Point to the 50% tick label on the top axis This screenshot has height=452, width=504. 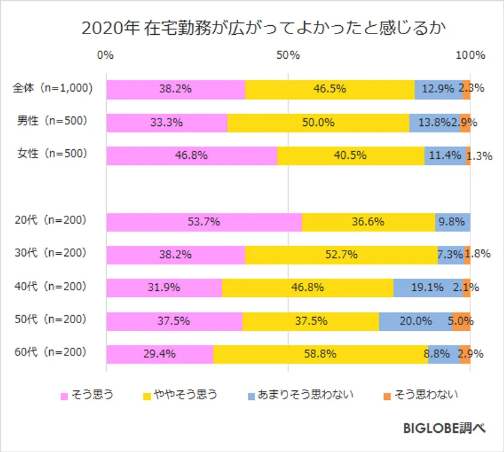pos(288,56)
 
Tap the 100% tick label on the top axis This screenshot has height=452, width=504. pos(470,56)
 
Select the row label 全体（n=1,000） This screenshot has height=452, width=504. pos(53,88)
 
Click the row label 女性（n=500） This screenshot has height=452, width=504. pos(52,153)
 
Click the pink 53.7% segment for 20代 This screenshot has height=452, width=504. pos(204,221)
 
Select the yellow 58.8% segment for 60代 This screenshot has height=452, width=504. pos(320,354)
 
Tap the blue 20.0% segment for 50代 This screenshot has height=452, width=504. pos(415,321)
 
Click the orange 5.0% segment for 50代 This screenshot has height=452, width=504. pos(461,321)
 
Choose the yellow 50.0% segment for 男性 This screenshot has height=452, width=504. pos(318,122)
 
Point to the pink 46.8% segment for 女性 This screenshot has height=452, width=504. pos(191,155)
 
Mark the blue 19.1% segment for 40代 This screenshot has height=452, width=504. pos(428,288)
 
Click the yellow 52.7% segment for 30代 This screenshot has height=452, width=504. pos(341,254)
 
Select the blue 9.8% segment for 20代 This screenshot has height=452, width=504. pos(452,221)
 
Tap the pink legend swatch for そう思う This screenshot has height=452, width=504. pos(64,395)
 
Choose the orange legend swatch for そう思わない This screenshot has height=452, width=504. pos(387,395)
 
